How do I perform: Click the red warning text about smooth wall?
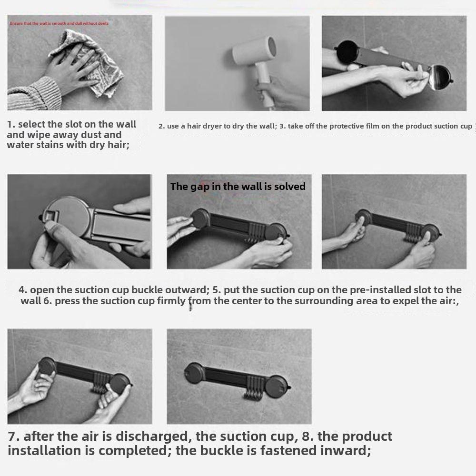[x=59, y=23]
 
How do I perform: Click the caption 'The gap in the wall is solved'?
[x=238, y=187]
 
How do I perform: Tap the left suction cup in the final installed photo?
[x=194, y=373]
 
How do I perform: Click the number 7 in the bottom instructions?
[x=14, y=436]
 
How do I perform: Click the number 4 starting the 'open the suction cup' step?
[x=23, y=289]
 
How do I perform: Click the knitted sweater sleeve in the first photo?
[x=34, y=94]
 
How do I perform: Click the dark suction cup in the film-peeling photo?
[x=347, y=51]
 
